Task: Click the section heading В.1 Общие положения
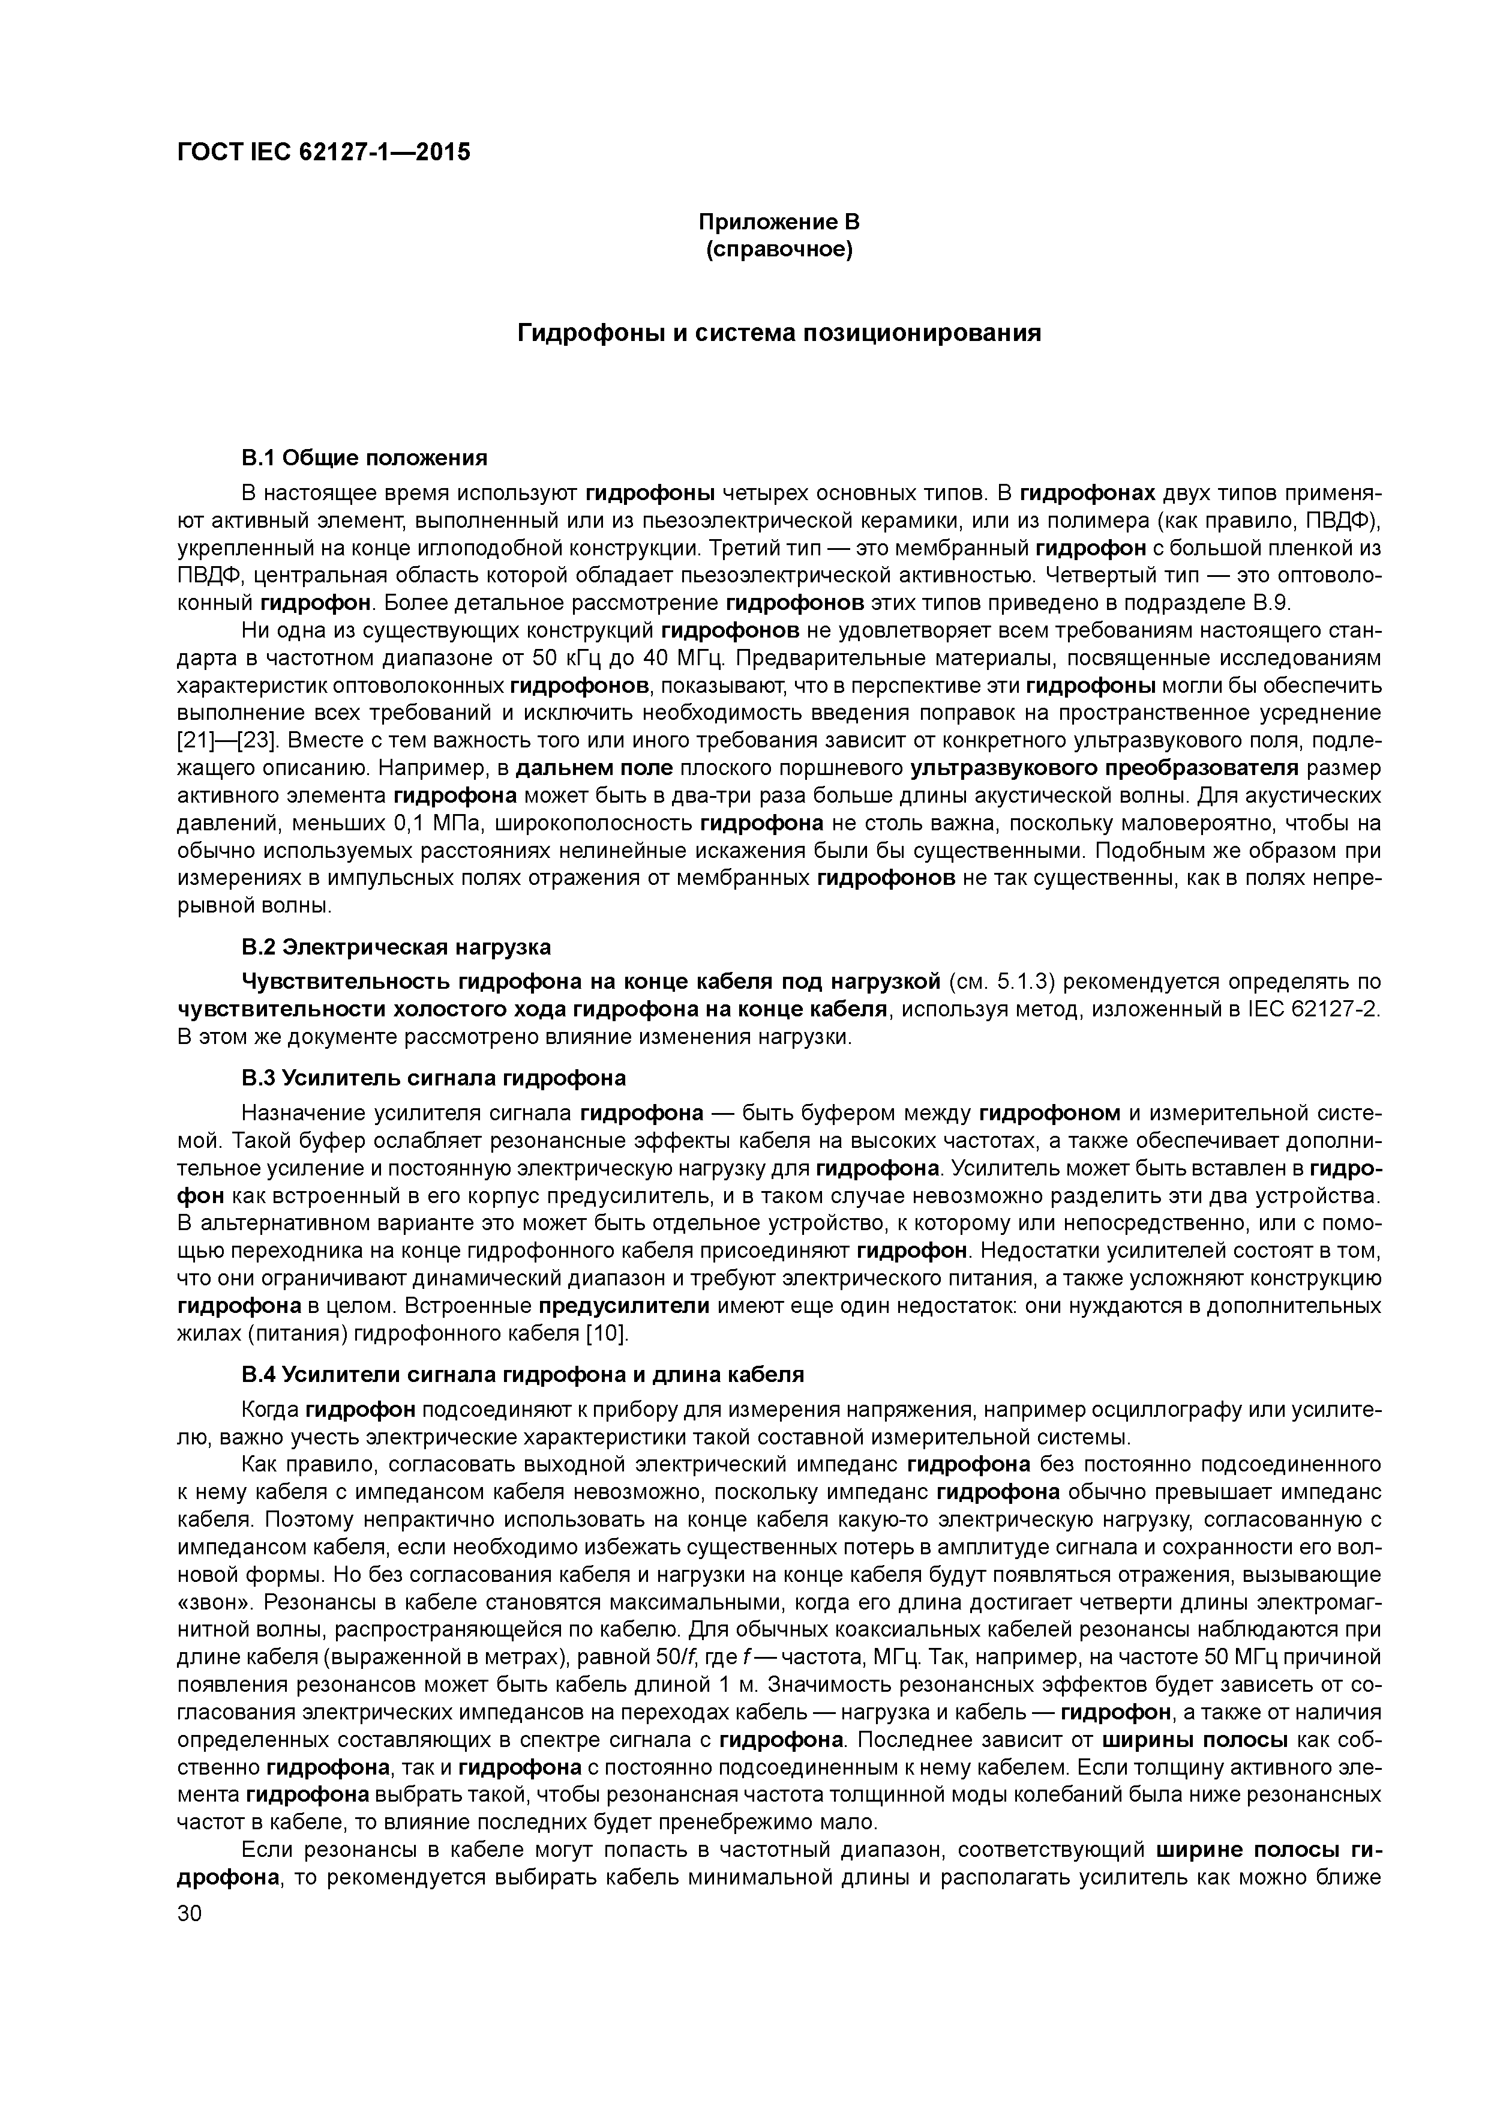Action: point(364,457)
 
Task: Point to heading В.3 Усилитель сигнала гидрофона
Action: point(434,1078)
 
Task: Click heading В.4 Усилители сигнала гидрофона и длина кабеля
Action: point(521,1374)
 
